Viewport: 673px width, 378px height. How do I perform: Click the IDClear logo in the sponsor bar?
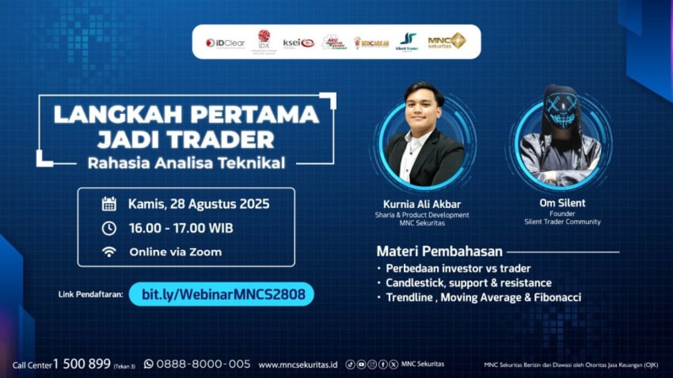tap(225, 43)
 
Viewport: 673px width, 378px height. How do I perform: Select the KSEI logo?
tap(299, 43)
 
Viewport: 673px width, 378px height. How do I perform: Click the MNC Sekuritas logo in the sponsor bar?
tap(447, 41)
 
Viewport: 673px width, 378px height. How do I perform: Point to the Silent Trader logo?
tap(407, 42)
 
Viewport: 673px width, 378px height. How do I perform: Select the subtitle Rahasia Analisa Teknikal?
tap(186, 163)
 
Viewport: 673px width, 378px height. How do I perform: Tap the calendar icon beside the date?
tap(109, 204)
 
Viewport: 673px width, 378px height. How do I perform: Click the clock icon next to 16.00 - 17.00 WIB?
tap(109, 229)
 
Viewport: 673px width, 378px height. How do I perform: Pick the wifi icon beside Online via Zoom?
tap(109, 252)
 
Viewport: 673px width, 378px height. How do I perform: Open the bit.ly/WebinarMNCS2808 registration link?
tap(224, 294)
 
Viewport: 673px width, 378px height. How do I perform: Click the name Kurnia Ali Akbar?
tap(422, 205)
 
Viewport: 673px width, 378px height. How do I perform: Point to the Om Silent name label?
tap(562, 203)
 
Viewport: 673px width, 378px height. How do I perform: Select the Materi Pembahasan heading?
tap(439, 251)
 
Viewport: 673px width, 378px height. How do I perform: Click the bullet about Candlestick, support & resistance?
tap(469, 283)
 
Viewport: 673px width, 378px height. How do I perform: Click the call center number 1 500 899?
tap(82, 364)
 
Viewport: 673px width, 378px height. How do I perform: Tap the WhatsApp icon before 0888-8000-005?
tap(149, 364)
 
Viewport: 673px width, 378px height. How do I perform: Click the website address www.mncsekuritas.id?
tap(298, 365)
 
